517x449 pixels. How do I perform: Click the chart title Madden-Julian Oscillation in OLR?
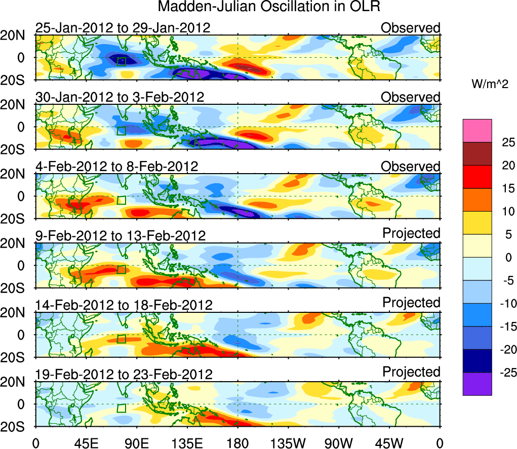(x=269, y=7)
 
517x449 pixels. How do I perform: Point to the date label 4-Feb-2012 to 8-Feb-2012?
(x=116, y=167)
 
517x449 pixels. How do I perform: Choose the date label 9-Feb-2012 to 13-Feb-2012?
(x=120, y=236)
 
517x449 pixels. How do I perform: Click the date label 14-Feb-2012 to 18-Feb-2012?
(x=124, y=305)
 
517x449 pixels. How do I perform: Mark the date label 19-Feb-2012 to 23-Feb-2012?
(x=124, y=375)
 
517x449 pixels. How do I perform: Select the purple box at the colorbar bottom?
(x=477, y=384)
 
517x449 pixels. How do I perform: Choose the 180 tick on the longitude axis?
(x=237, y=443)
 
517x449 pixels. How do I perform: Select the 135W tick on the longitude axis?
(x=288, y=443)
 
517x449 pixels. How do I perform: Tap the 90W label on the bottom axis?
(x=339, y=443)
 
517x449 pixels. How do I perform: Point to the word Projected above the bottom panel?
(x=411, y=372)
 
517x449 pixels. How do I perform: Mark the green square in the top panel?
(x=121, y=61)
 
